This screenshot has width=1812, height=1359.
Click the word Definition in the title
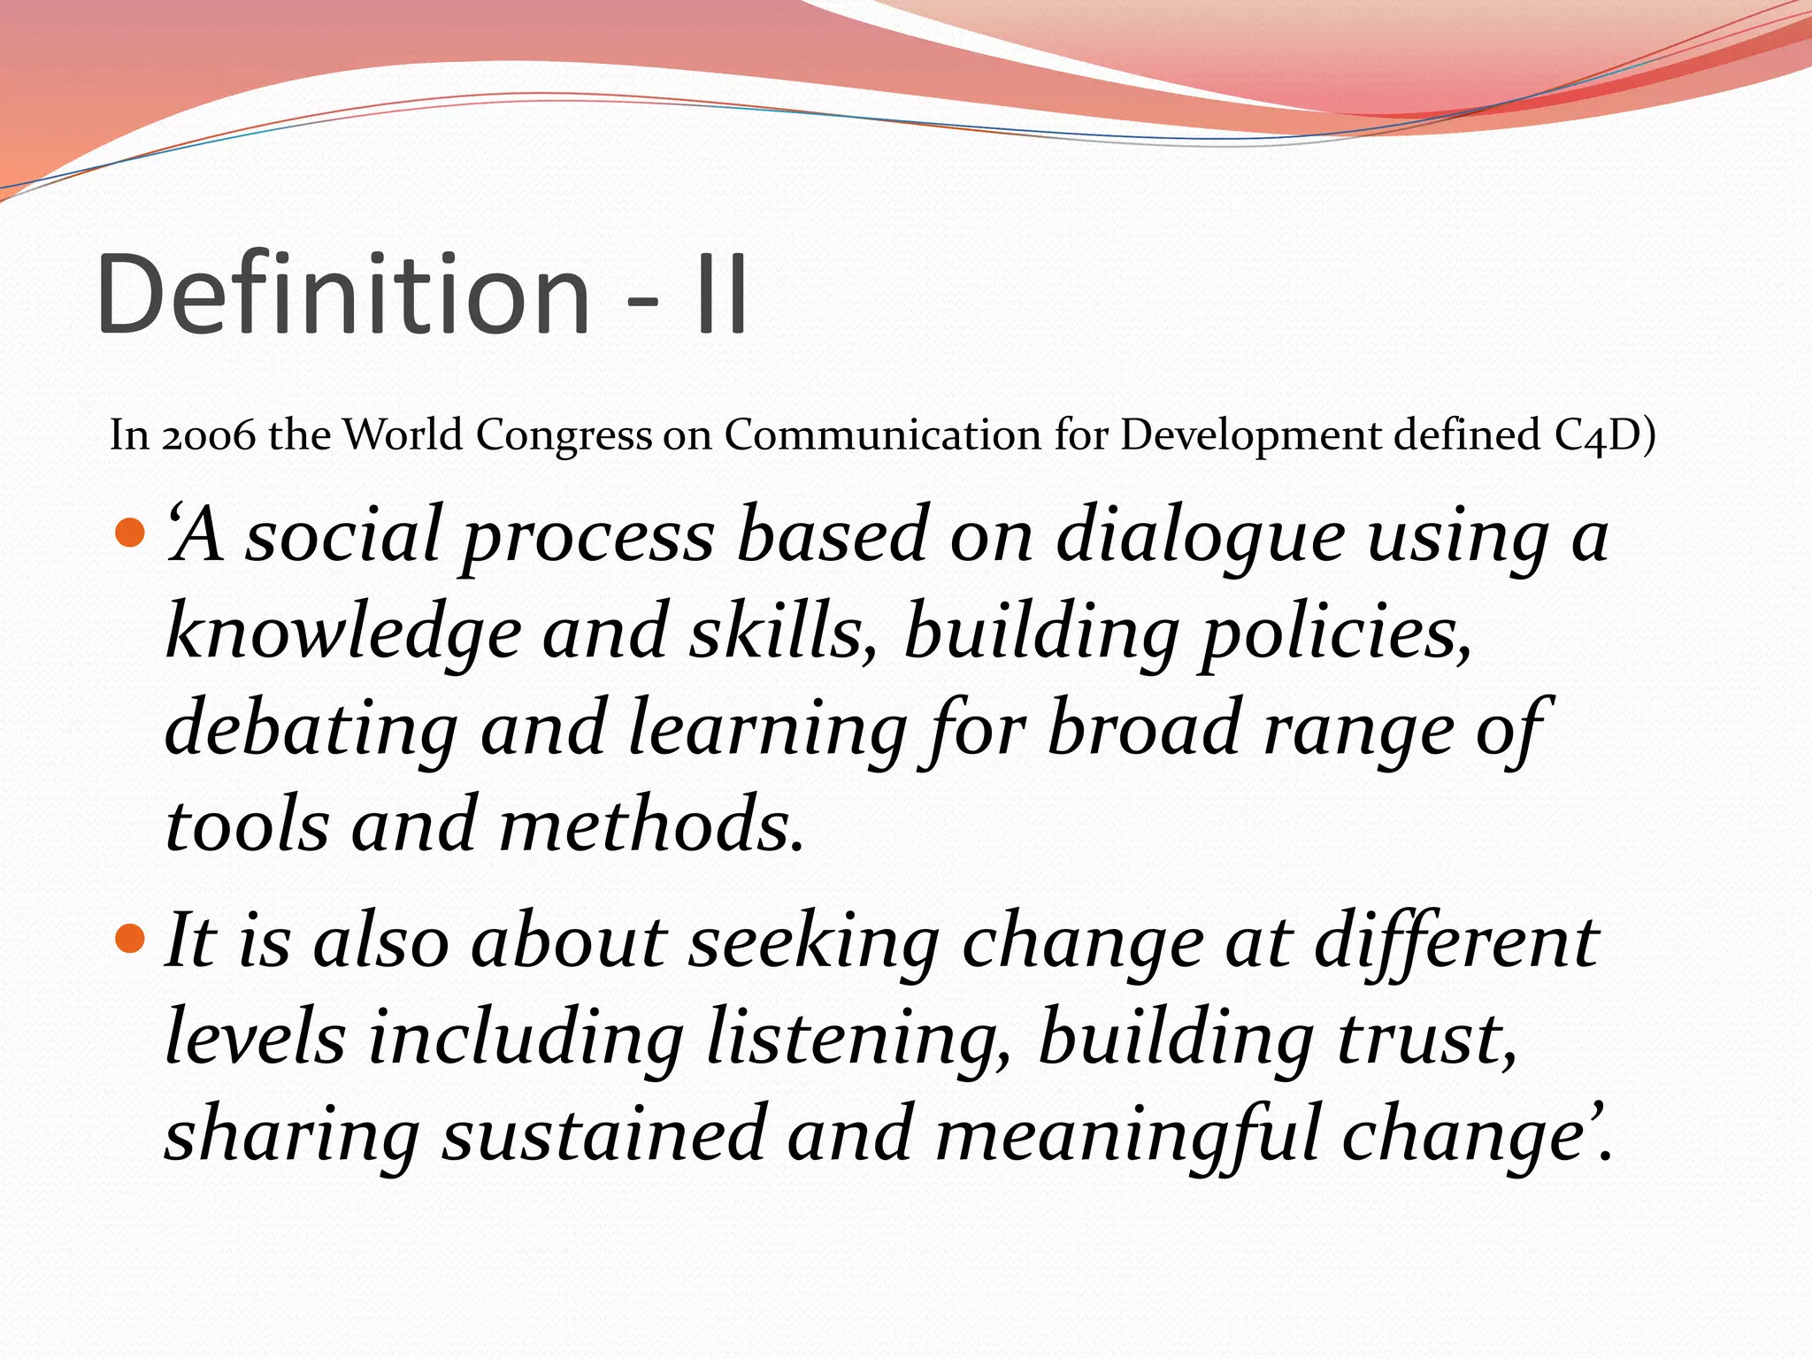(x=343, y=294)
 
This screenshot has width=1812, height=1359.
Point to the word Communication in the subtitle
(x=883, y=435)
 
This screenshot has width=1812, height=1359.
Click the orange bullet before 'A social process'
(x=130, y=533)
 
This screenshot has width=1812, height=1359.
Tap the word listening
(x=858, y=1040)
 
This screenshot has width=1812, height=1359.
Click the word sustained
(x=603, y=1134)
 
